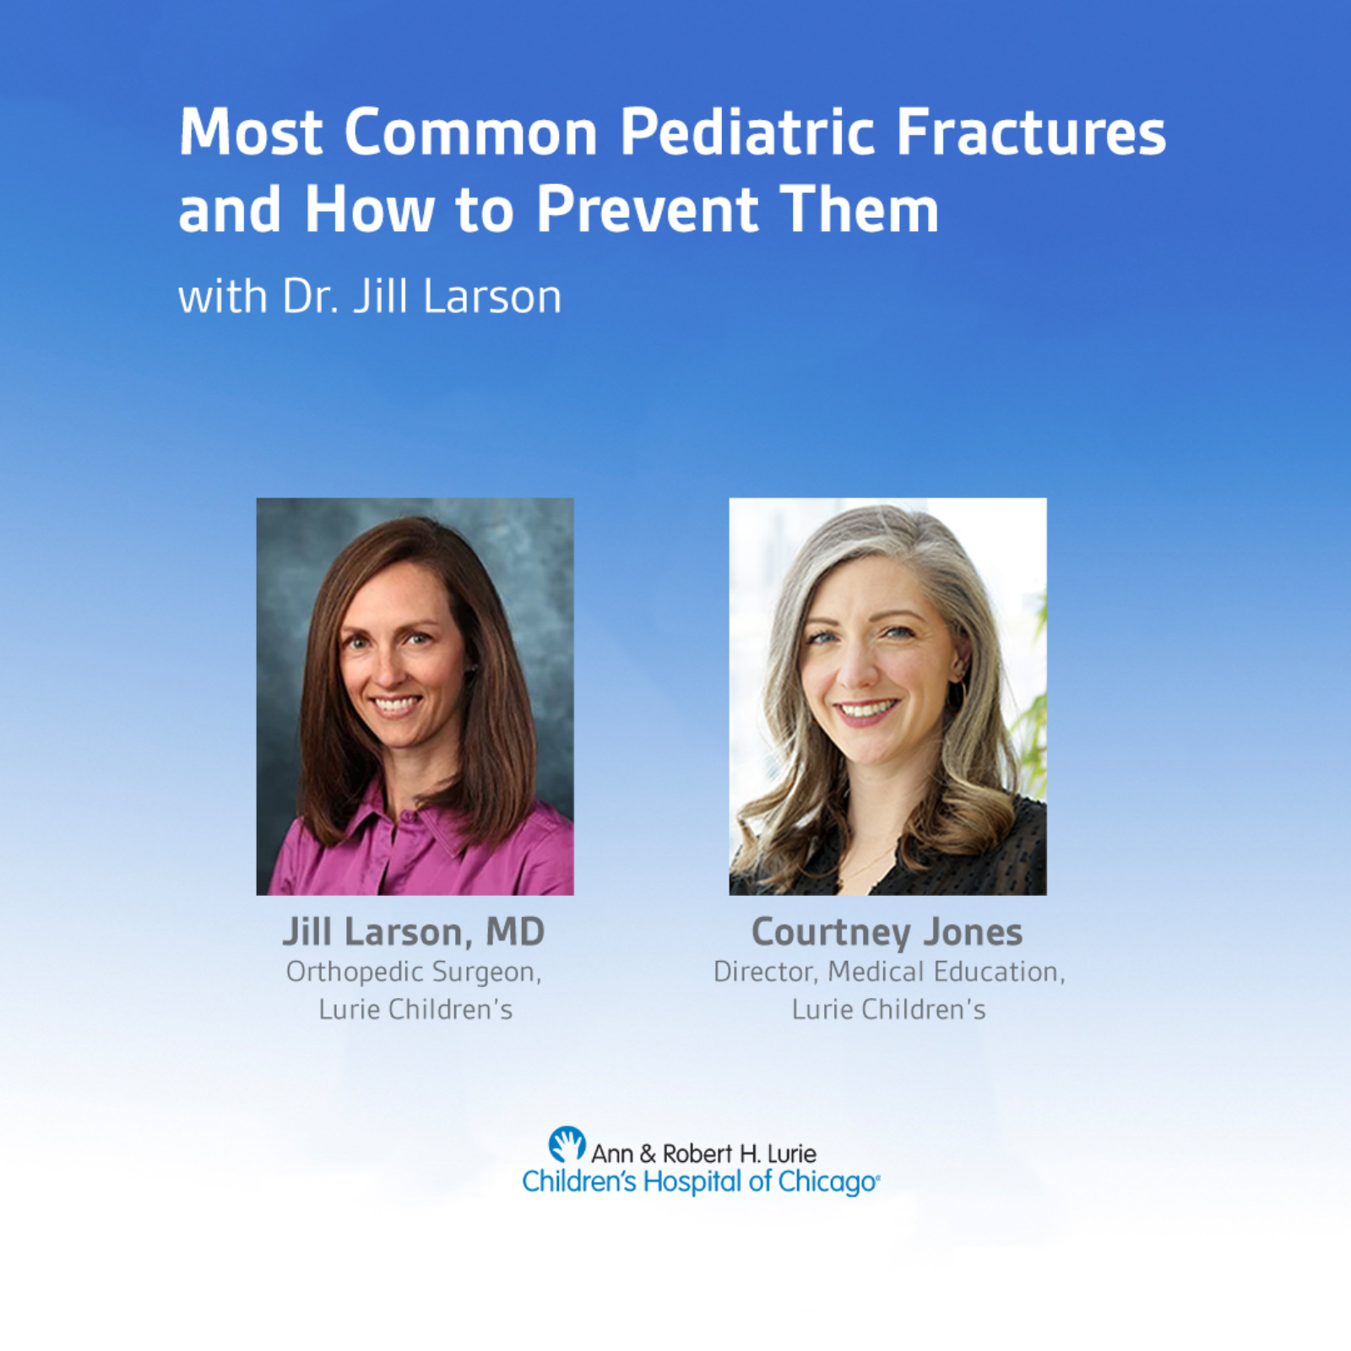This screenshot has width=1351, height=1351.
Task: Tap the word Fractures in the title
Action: [x=1031, y=132]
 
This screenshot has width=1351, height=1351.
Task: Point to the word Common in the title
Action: [x=471, y=132]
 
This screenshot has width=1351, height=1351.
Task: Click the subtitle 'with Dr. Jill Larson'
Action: [x=370, y=296]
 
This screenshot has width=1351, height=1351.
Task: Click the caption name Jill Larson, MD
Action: [x=414, y=932]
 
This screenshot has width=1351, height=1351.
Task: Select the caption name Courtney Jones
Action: [x=887, y=932]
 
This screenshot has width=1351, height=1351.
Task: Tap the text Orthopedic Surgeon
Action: [x=414, y=972]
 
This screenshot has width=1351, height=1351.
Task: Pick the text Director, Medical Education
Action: [x=889, y=972]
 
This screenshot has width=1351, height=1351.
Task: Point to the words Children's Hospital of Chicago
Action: [x=701, y=1181]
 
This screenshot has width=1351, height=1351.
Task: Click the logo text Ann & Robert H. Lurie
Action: [x=703, y=1153]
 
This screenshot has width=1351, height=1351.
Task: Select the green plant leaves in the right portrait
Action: [x=1032, y=718]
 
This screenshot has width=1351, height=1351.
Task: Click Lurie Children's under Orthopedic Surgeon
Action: [x=415, y=1009]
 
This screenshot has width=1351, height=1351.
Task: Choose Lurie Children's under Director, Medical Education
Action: [x=889, y=1009]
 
